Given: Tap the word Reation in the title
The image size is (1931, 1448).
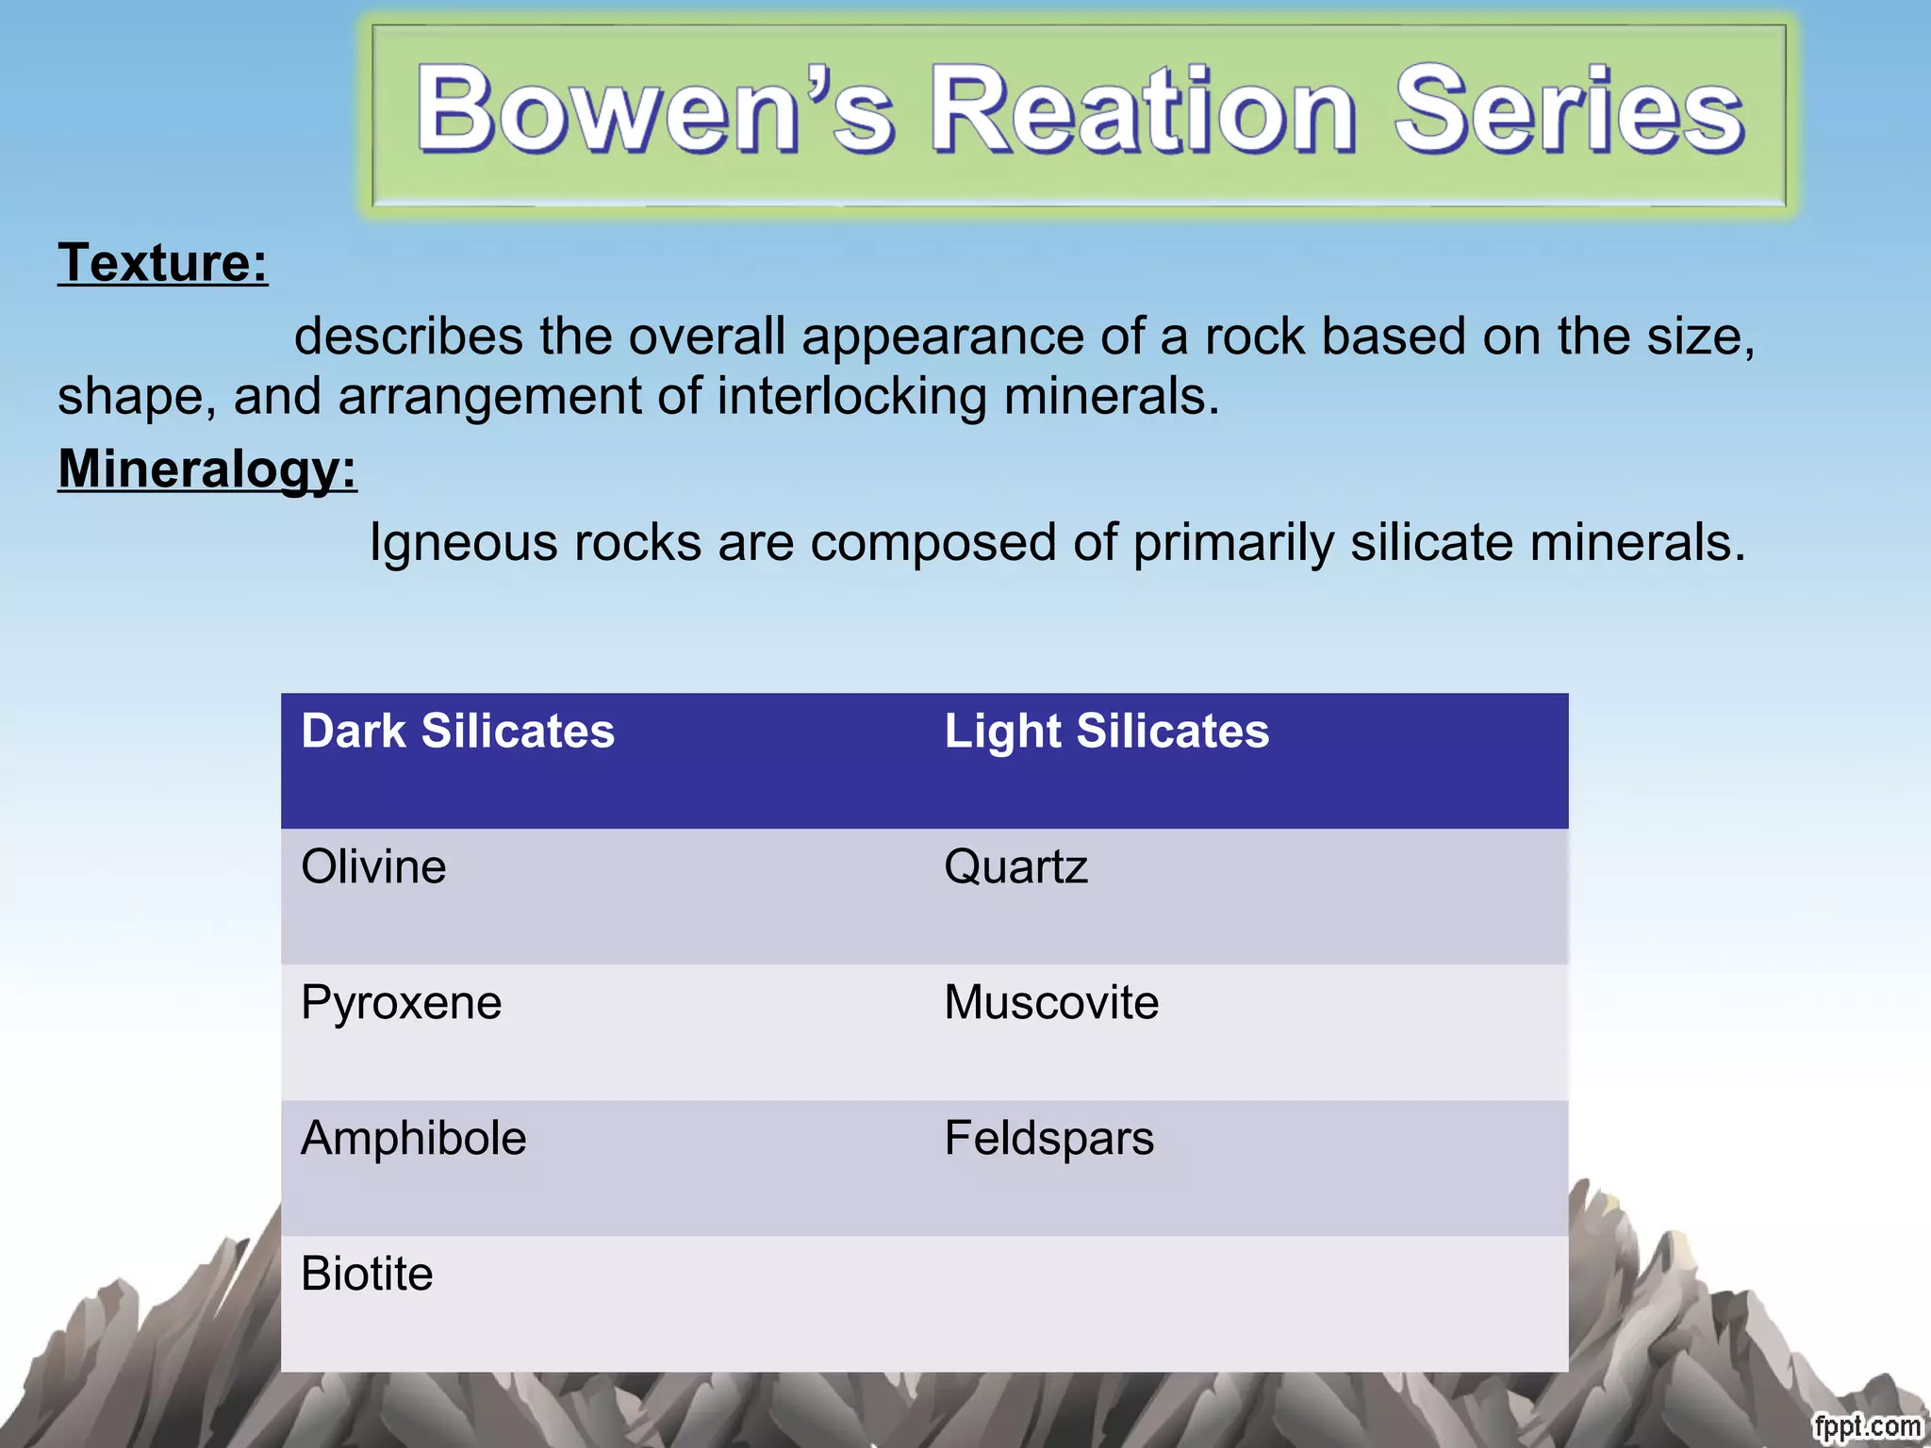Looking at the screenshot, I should pyautogui.click(x=1143, y=111).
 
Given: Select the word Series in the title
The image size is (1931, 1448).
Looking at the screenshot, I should pyautogui.click(x=1569, y=111).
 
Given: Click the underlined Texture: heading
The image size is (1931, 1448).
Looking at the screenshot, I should pyautogui.click(x=163, y=262).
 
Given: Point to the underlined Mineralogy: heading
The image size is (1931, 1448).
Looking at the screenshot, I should pyautogui.click(x=207, y=469).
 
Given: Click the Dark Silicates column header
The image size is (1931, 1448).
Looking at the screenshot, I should pyautogui.click(x=457, y=732).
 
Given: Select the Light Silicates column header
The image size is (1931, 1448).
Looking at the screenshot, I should pyautogui.click(x=1107, y=732).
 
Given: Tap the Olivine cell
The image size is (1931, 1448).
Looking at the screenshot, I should pyautogui.click(x=373, y=866).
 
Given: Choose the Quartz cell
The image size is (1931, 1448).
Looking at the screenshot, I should pyautogui.click(x=1015, y=866).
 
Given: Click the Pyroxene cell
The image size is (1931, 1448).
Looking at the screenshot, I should pyautogui.click(x=401, y=1002).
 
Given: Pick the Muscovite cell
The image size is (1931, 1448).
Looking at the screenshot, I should pyautogui.click(x=1051, y=1002).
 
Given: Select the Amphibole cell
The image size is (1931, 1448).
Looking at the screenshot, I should pyautogui.click(x=413, y=1138).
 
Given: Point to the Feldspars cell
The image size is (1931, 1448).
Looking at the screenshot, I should pyautogui.click(x=1048, y=1138).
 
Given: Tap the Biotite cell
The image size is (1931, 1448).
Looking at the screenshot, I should pyautogui.click(x=367, y=1274).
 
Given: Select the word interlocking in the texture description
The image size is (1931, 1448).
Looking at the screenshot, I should pyautogui.click(x=850, y=396).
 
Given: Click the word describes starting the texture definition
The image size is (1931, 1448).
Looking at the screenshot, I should pyautogui.click(x=408, y=337).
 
